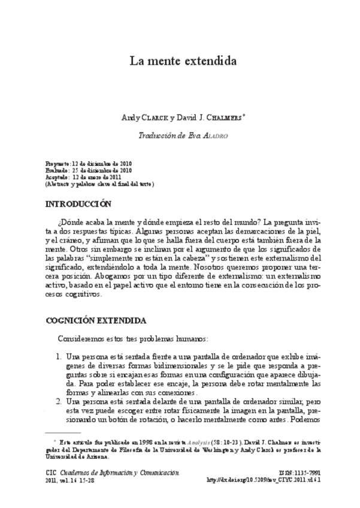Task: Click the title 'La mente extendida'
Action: [x=183, y=61]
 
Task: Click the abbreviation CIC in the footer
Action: [x=50, y=473]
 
